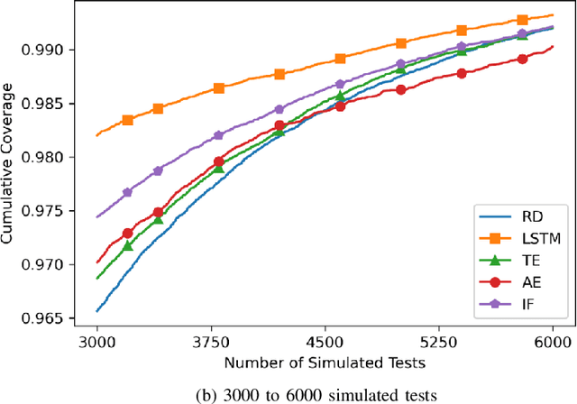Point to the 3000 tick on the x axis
tap(96, 343)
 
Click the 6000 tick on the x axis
tap(552, 343)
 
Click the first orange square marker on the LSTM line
tap(128, 120)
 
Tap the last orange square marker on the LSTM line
tap(522, 20)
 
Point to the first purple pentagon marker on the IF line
tap(127, 192)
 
